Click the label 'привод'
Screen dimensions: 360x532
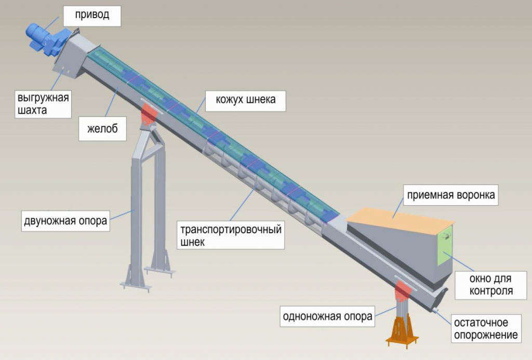[x=92, y=15]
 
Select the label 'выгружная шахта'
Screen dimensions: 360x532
[x=43, y=103]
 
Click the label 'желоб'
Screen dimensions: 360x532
[x=102, y=129]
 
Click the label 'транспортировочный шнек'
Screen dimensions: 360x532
[x=231, y=235]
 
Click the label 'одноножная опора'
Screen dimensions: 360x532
[x=327, y=316]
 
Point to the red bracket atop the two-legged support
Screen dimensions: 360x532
[x=149, y=115]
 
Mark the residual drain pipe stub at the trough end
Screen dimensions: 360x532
[x=435, y=310]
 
